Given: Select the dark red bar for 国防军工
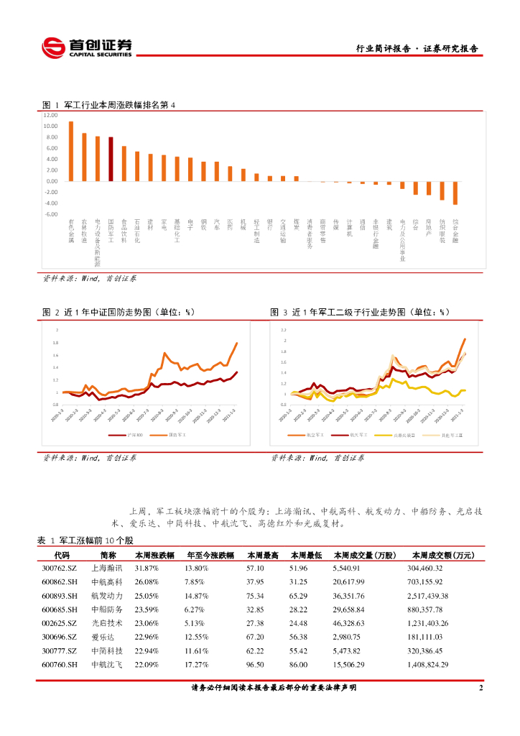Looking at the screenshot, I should click(x=111, y=159).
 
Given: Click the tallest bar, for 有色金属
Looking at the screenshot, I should click(x=70, y=151).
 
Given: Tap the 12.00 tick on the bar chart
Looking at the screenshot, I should click(x=50, y=115).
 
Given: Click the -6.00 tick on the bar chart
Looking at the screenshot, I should click(x=50, y=214).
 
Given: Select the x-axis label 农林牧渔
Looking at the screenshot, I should click(x=84, y=232).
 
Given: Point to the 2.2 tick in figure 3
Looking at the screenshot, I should click(x=284, y=329).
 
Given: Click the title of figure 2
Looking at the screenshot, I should click(x=119, y=313).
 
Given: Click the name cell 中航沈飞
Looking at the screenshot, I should click(x=107, y=664).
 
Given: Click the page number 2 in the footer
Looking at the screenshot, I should click(x=480, y=688).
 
